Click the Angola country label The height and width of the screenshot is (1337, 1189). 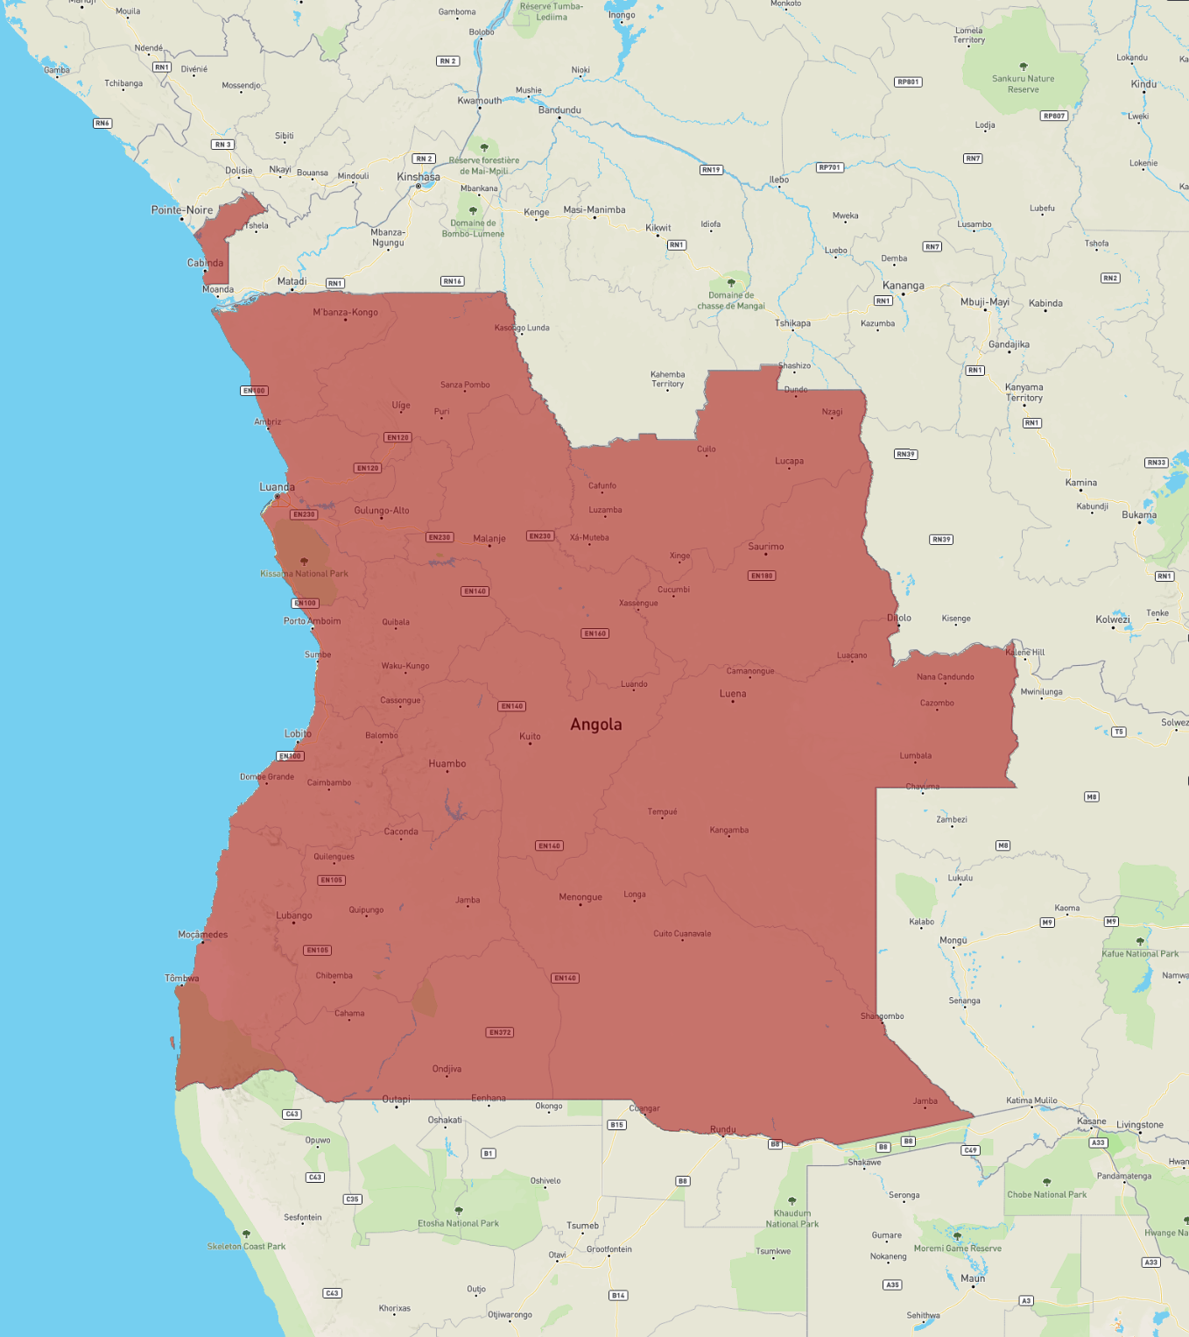pos(596,725)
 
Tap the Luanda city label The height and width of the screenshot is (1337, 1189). pos(277,487)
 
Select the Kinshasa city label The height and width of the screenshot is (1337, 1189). pos(419,177)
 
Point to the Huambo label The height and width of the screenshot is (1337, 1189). pos(447,764)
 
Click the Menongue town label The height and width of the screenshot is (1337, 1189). pos(580,897)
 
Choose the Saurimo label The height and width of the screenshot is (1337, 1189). pos(766,547)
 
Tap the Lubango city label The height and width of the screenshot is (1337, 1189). pos(294,916)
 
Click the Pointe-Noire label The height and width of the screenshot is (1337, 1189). pos(182,210)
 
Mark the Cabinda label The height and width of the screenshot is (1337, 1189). pos(205,263)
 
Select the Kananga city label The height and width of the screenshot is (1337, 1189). pos(904,286)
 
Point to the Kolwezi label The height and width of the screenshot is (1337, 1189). pos(1113,619)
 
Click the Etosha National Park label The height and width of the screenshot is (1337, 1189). pos(458,1223)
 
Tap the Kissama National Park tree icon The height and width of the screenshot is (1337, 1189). pos(304,562)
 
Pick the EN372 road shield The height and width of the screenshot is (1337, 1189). pos(500,1032)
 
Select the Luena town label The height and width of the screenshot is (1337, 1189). pos(733,694)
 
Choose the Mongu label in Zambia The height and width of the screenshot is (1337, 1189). pos(953,940)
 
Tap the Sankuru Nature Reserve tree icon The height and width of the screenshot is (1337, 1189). pos(1024,67)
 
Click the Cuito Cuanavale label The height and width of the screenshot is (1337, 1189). pos(682,934)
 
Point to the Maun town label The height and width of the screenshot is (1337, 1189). pos(973,1278)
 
